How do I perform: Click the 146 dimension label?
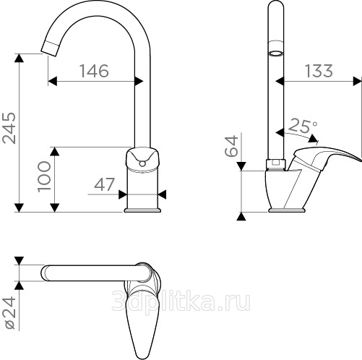[x=94, y=71]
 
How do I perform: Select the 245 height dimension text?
[x=9, y=128]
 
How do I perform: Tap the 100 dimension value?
[x=44, y=176]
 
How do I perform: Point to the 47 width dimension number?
[x=104, y=184]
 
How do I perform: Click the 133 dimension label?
[x=319, y=71]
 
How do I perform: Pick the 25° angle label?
[x=303, y=126]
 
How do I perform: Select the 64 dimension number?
[x=231, y=146]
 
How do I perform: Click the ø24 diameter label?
[x=11, y=313]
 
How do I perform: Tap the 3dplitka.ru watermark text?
[x=181, y=301]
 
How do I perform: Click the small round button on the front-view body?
[x=142, y=164]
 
